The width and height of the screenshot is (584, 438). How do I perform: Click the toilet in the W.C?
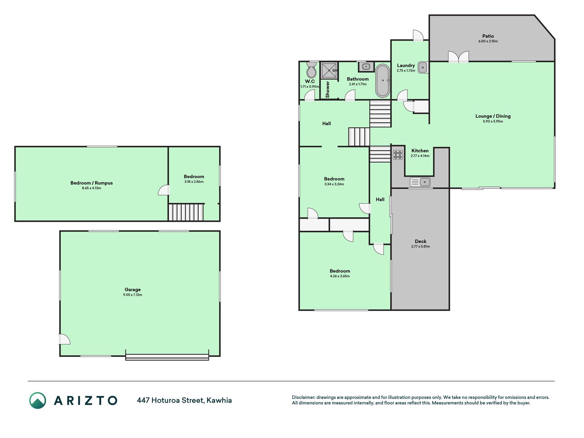311,70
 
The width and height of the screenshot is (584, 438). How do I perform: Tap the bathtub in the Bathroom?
382,81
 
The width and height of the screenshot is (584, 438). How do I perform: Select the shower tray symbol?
329,70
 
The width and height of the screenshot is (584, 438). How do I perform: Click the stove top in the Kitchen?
398,155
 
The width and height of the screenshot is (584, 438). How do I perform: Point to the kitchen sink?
420,182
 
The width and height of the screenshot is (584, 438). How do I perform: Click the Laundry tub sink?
423,67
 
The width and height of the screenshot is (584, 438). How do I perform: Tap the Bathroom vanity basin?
366,67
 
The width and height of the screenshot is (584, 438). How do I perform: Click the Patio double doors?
458,57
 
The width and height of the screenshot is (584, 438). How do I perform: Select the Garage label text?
132,289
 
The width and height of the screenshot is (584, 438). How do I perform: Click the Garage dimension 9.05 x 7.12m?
133,295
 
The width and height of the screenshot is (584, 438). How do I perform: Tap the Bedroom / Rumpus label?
91,183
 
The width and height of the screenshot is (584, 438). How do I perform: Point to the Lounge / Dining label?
493,116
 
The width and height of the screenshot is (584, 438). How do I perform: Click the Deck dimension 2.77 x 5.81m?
420,246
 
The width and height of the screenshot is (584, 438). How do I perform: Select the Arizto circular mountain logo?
38,400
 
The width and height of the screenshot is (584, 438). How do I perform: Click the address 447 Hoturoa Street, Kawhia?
184,400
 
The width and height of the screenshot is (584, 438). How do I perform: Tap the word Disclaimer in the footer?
303,397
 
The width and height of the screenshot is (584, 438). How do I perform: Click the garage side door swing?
65,339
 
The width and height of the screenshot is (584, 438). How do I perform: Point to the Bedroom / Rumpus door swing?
164,190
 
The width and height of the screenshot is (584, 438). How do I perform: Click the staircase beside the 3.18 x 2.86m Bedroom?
186,212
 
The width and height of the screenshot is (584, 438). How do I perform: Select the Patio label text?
488,36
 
